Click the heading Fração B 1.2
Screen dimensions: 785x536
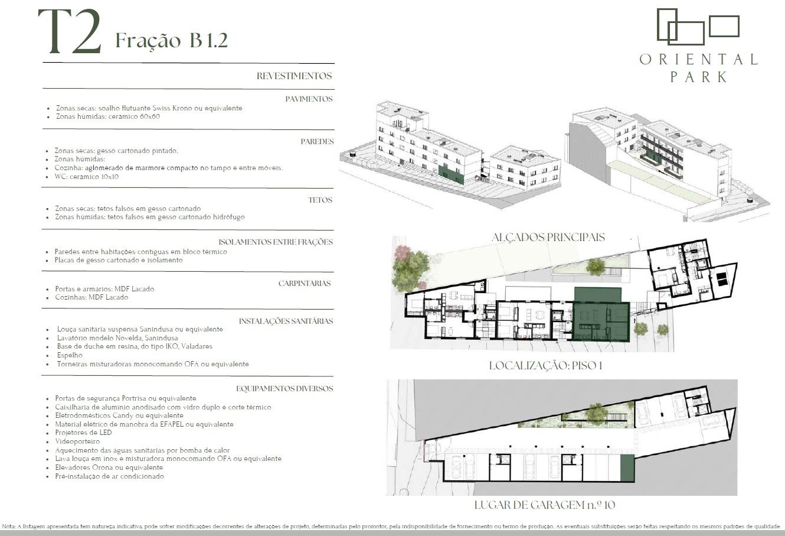[x=172, y=40]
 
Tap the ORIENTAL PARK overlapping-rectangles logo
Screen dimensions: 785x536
[x=698, y=27]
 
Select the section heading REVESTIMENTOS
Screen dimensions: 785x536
[x=294, y=76]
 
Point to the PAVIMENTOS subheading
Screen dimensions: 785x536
[x=309, y=99]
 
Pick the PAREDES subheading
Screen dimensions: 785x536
[x=317, y=141]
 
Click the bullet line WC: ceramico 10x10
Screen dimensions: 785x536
[x=86, y=177]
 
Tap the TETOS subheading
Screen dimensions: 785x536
[x=320, y=200]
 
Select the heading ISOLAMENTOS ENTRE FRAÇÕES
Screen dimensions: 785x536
[x=276, y=242]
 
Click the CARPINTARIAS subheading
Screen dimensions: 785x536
[x=304, y=283]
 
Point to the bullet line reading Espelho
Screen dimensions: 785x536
[x=70, y=355]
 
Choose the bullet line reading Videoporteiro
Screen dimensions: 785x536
[x=77, y=441]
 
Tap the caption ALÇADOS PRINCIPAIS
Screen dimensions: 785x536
[x=548, y=237]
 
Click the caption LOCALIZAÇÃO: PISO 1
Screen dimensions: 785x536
[x=545, y=366]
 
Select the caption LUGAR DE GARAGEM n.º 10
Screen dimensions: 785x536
[x=545, y=505]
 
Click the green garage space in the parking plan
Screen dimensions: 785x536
[x=627, y=468]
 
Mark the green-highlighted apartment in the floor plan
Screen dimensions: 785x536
[x=601, y=321]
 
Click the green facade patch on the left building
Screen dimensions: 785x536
[x=451, y=175]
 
